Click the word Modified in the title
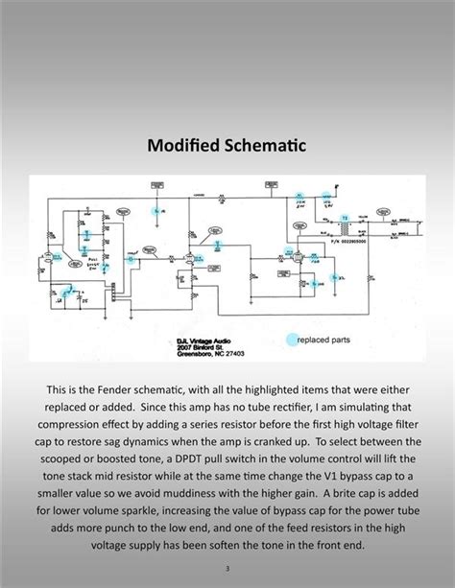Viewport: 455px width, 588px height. (183, 147)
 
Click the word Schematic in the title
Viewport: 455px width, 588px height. (262, 147)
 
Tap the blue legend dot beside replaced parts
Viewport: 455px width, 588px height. (289, 339)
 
